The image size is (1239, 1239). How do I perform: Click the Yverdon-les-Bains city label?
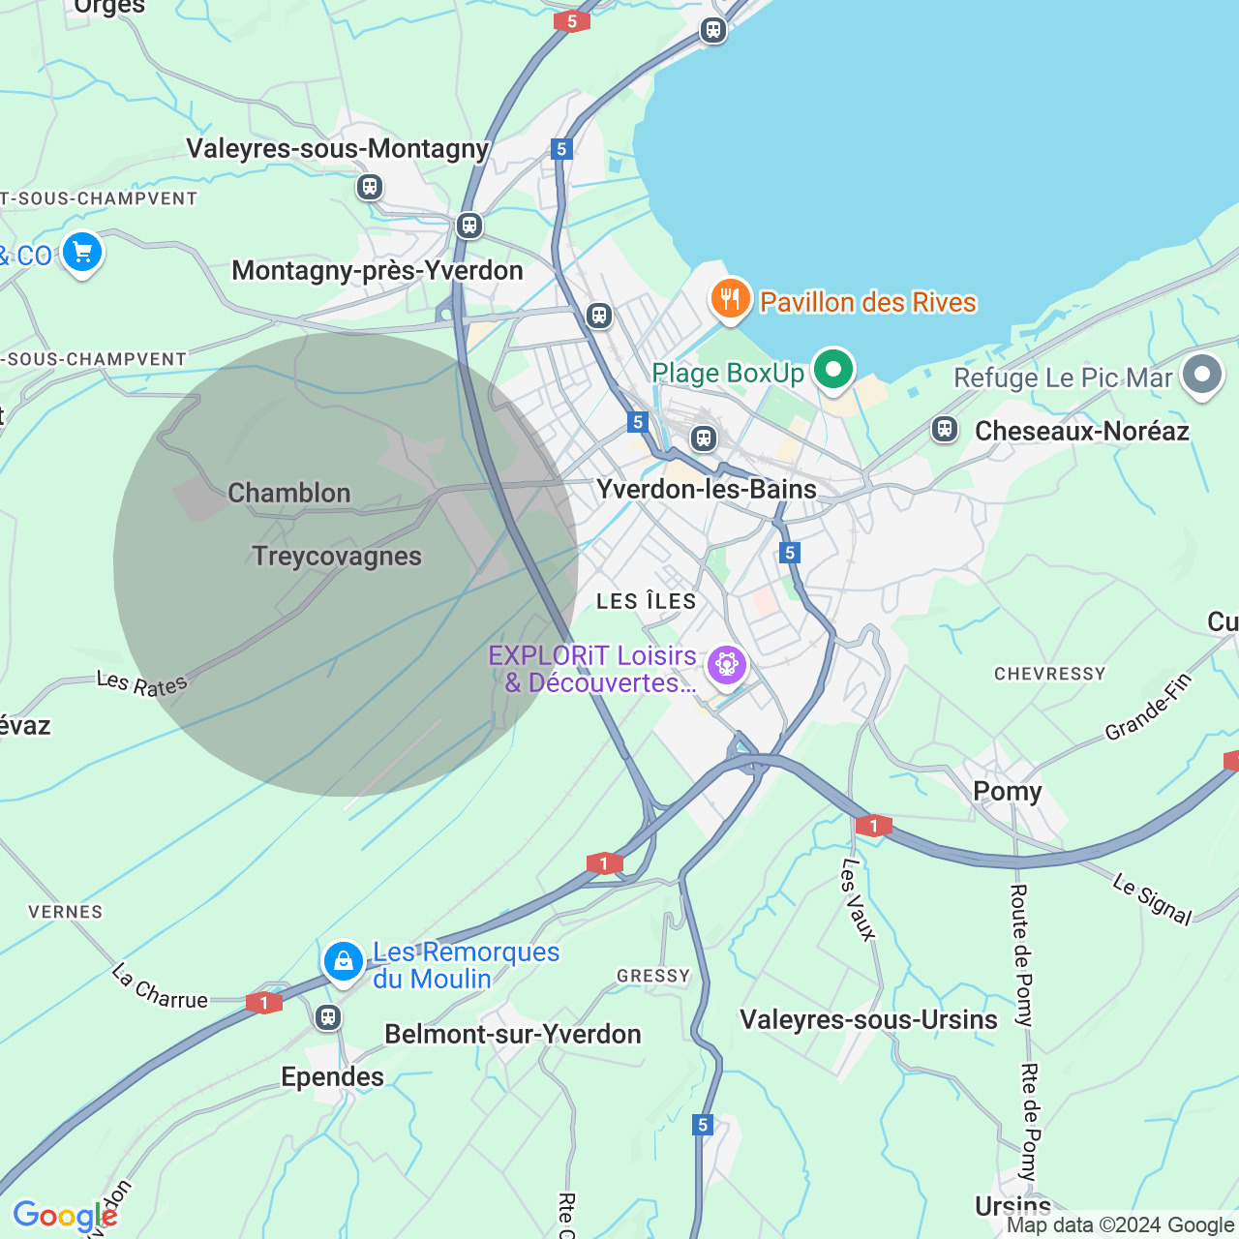(707, 490)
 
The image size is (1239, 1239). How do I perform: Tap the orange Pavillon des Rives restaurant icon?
(731, 299)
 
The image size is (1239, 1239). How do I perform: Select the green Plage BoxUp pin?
(832, 370)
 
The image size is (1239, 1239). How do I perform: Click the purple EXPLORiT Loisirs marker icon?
(726, 665)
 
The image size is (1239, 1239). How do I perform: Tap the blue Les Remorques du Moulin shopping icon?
(343, 962)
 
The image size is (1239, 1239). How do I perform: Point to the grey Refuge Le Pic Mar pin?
(1202, 375)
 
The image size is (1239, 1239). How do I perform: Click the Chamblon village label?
(289, 494)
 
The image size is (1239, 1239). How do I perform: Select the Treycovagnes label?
(337, 557)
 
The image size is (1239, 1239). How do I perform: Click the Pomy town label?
(1008, 792)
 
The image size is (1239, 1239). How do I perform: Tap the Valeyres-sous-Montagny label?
(338, 149)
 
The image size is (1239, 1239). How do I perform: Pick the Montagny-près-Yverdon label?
(378, 271)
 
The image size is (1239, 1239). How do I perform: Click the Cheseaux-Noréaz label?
(1082, 432)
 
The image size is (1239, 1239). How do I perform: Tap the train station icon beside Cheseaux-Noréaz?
(945, 429)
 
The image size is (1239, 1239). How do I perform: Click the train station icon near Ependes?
(328, 1017)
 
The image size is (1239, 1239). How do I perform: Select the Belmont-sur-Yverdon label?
(513, 1035)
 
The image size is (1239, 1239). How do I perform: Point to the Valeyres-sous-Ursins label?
(868, 1020)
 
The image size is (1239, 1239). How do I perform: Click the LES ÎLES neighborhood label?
(647, 602)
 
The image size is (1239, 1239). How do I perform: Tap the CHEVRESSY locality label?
(1049, 674)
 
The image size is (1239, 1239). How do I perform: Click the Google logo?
(65, 1217)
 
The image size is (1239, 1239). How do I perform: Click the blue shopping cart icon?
(82, 254)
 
